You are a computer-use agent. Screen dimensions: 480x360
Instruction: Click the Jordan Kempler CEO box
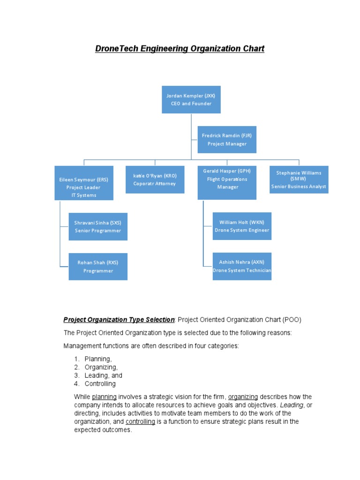[x=191, y=99]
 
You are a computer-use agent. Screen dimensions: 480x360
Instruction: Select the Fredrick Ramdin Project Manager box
[x=227, y=140]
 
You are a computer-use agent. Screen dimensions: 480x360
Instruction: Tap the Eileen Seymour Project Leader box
[x=84, y=183]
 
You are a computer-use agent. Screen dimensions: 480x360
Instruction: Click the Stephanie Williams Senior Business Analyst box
[x=299, y=180]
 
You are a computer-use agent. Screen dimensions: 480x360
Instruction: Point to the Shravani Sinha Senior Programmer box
[x=98, y=226]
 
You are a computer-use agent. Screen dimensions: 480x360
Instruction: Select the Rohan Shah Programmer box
[x=98, y=267]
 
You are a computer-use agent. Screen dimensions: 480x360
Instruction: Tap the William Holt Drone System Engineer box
[x=242, y=226]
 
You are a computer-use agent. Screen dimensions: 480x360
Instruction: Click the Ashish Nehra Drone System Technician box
[x=242, y=266]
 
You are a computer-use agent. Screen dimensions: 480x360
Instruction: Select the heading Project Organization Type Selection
[x=119, y=320]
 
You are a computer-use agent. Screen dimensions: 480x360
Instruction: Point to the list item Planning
[x=98, y=359]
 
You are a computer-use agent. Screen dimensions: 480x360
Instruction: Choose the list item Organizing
[x=101, y=367]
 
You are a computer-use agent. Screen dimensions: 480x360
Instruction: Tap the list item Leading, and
[x=103, y=375]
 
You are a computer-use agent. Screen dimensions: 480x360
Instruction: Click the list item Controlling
[x=100, y=384]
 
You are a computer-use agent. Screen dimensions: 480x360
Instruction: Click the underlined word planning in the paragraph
[x=104, y=397]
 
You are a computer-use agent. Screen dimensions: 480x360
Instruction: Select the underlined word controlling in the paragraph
[x=140, y=421]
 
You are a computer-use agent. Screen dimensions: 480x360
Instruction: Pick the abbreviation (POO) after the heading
[x=292, y=320]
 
